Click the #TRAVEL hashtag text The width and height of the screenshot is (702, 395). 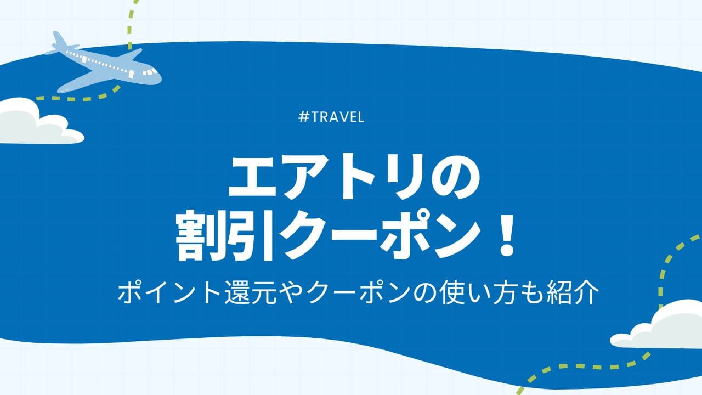coord(331,117)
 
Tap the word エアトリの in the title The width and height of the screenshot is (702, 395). coord(354,177)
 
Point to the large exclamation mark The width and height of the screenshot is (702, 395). coord(506,234)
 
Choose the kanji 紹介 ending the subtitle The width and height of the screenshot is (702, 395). coord(573,292)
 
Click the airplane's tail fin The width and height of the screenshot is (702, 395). coord(60,40)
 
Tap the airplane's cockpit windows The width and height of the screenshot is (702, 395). coord(150,72)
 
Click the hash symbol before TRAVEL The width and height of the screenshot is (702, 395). coord(303,117)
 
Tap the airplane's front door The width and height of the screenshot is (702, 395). coord(131,74)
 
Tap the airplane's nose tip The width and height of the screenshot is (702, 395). coord(161,78)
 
